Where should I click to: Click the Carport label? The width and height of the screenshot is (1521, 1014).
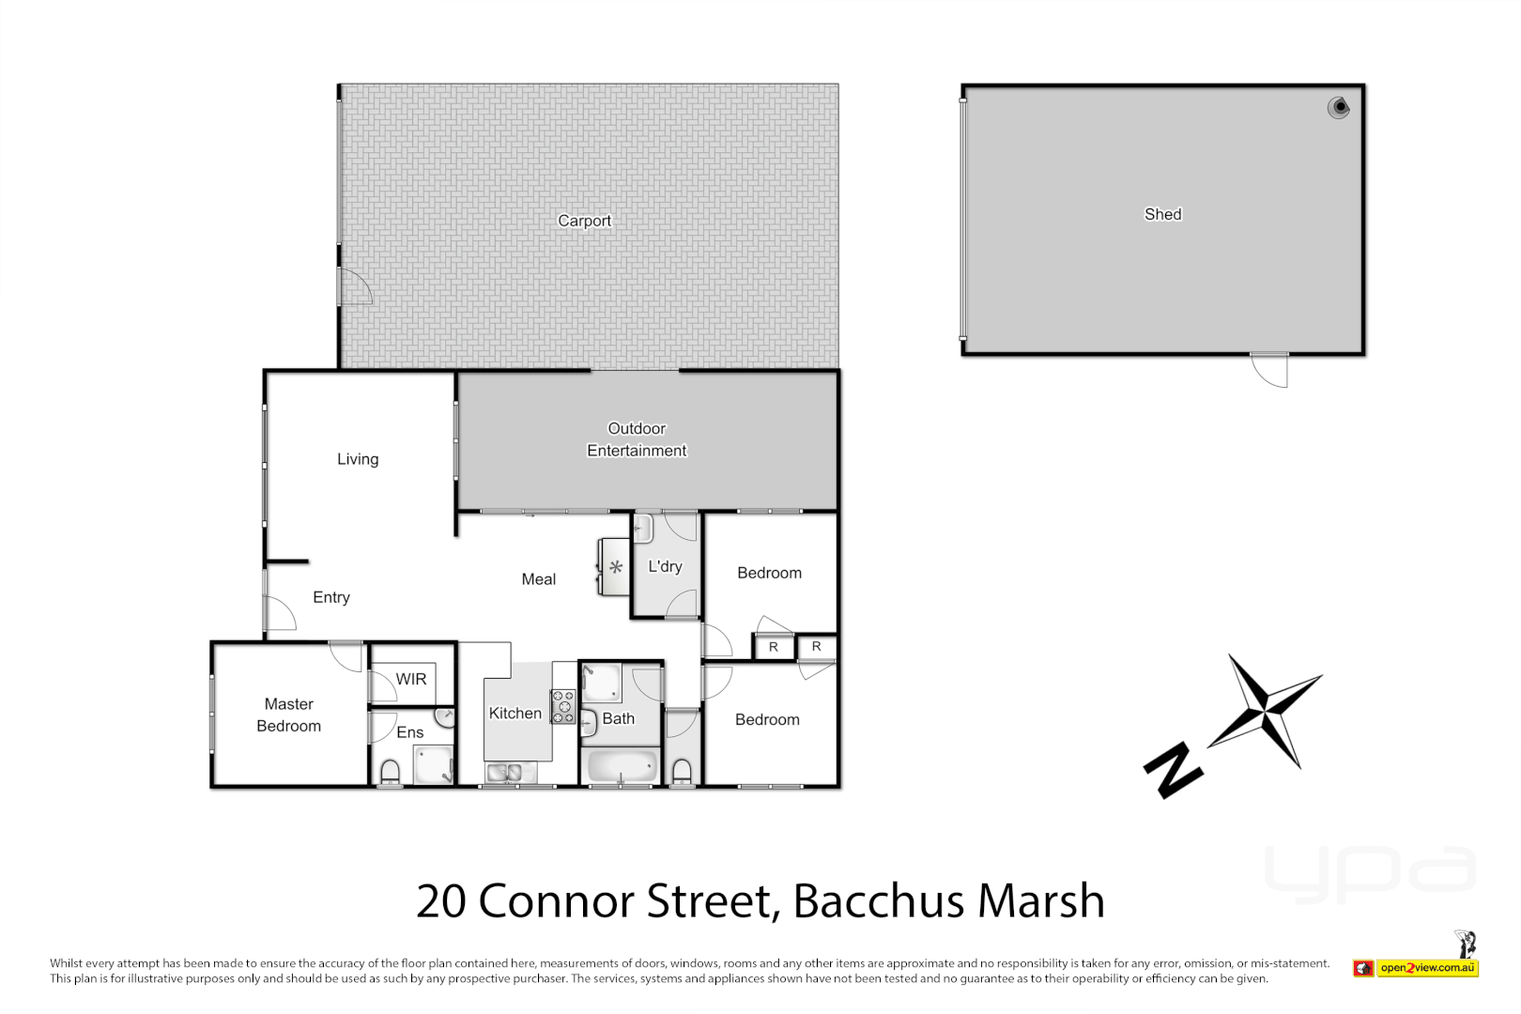click(584, 221)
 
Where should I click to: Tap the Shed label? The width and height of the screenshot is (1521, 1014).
click(1162, 214)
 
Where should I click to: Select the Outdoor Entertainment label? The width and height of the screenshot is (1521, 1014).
click(637, 439)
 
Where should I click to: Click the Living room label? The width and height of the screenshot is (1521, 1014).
click(358, 459)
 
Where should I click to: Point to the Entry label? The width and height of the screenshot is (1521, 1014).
click(331, 597)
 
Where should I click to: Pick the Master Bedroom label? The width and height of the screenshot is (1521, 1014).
click(289, 714)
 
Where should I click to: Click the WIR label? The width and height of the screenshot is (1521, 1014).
click(411, 679)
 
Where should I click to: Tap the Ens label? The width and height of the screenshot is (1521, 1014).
click(410, 732)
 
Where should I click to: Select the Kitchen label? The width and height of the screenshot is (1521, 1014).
click(515, 714)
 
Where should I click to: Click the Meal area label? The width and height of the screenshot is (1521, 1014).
click(539, 579)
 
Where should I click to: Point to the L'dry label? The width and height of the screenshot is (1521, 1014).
click(665, 566)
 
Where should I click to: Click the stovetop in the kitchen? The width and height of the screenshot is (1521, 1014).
click(562, 707)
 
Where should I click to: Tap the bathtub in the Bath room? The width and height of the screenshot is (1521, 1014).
click(621, 766)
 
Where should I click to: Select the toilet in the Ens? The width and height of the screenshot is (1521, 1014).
click(391, 772)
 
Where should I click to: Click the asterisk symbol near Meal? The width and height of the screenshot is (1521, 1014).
click(616, 567)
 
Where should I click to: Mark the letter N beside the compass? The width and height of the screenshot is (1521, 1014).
click(1173, 770)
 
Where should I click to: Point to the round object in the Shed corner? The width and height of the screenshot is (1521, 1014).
click(1339, 108)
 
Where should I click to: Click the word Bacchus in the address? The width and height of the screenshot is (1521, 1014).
click(879, 901)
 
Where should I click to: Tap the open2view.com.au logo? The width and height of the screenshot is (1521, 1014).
click(1426, 968)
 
